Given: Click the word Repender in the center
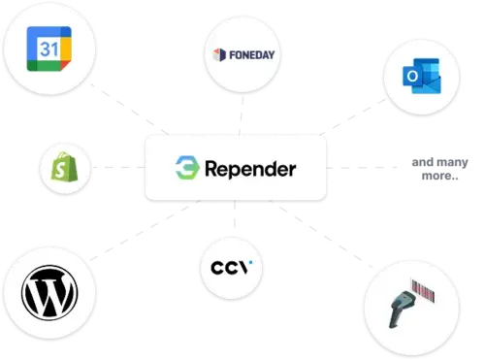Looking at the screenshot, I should point(250,169).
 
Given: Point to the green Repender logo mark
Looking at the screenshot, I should point(186,169).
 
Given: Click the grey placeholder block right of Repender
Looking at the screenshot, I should point(438,168).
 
